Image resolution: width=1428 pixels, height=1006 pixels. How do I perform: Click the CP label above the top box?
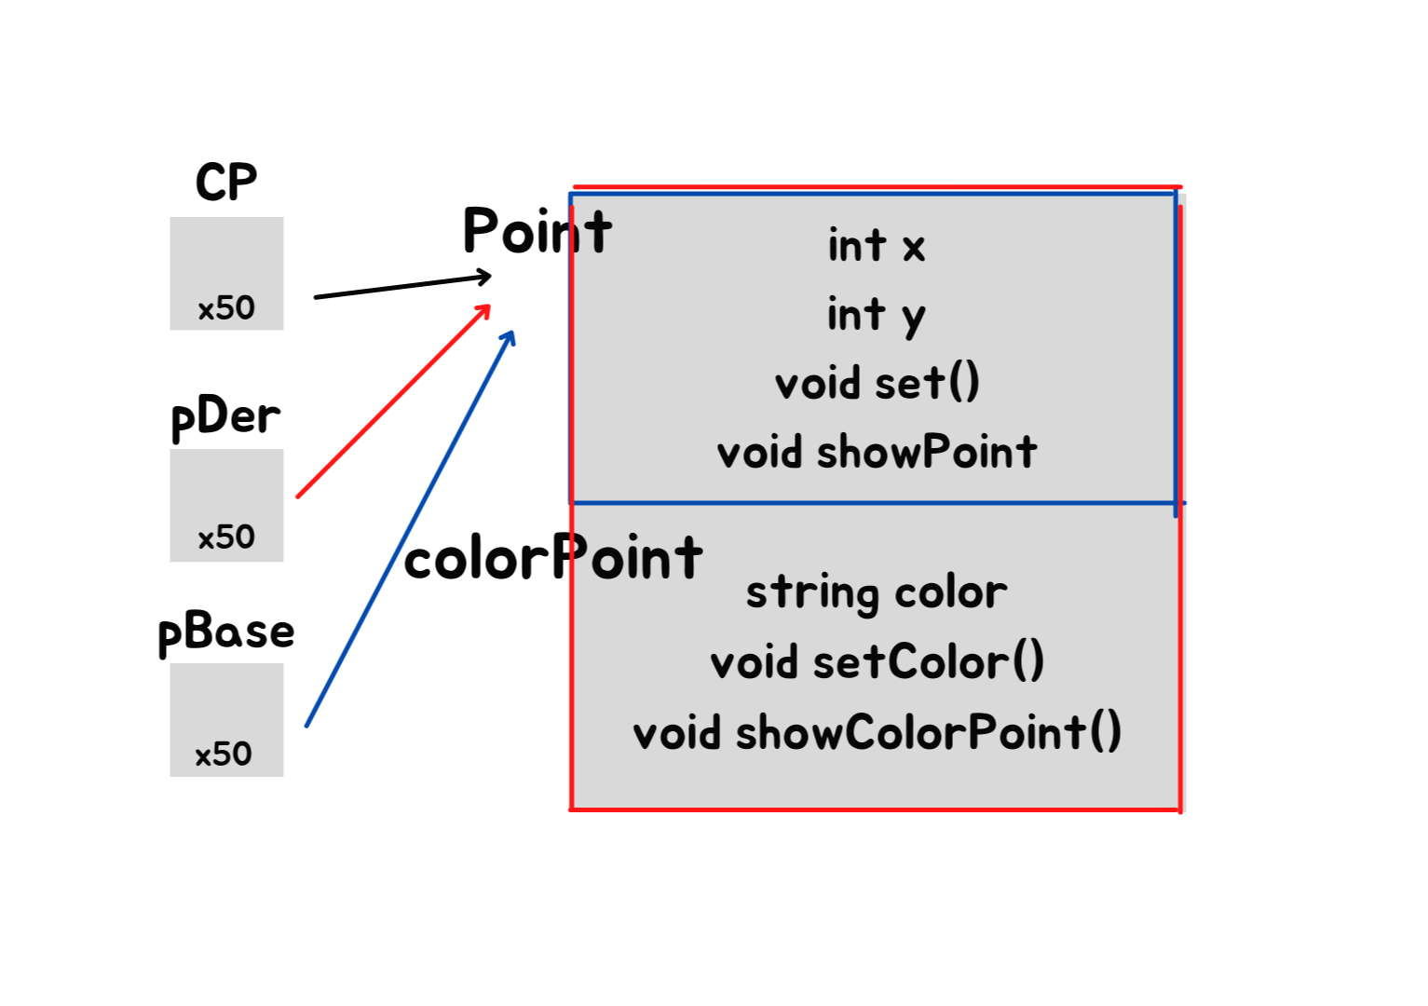coord(225,182)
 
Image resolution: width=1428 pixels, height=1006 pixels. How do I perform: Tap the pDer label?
coord(225,416)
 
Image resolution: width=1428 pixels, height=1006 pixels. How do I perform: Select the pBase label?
coord(226,633)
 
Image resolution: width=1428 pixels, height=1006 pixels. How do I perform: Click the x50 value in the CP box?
coord(226,307)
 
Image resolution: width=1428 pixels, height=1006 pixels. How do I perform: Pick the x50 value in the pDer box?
coord(226,537)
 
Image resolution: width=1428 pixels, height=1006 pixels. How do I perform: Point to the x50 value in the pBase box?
coord(224,754)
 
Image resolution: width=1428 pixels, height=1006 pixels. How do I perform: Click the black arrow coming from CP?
coord(401,286)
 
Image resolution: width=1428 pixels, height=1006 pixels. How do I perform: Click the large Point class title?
coord(537,231)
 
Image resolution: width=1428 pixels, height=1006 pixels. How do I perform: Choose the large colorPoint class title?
coord(553,558)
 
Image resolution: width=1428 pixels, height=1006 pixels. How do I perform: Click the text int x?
coord(876,246)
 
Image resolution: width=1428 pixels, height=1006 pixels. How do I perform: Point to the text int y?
coord(876,315)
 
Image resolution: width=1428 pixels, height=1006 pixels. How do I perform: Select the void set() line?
coord(877,383)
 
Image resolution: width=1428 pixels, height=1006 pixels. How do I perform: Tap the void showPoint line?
coord(877,453)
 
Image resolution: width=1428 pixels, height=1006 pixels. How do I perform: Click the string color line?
coord(877,592)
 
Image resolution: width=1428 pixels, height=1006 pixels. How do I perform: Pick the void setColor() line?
coord(877,662)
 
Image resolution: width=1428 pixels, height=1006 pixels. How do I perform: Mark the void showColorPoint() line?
coord(877,732)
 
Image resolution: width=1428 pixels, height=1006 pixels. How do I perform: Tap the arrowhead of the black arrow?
coord(485,276)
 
